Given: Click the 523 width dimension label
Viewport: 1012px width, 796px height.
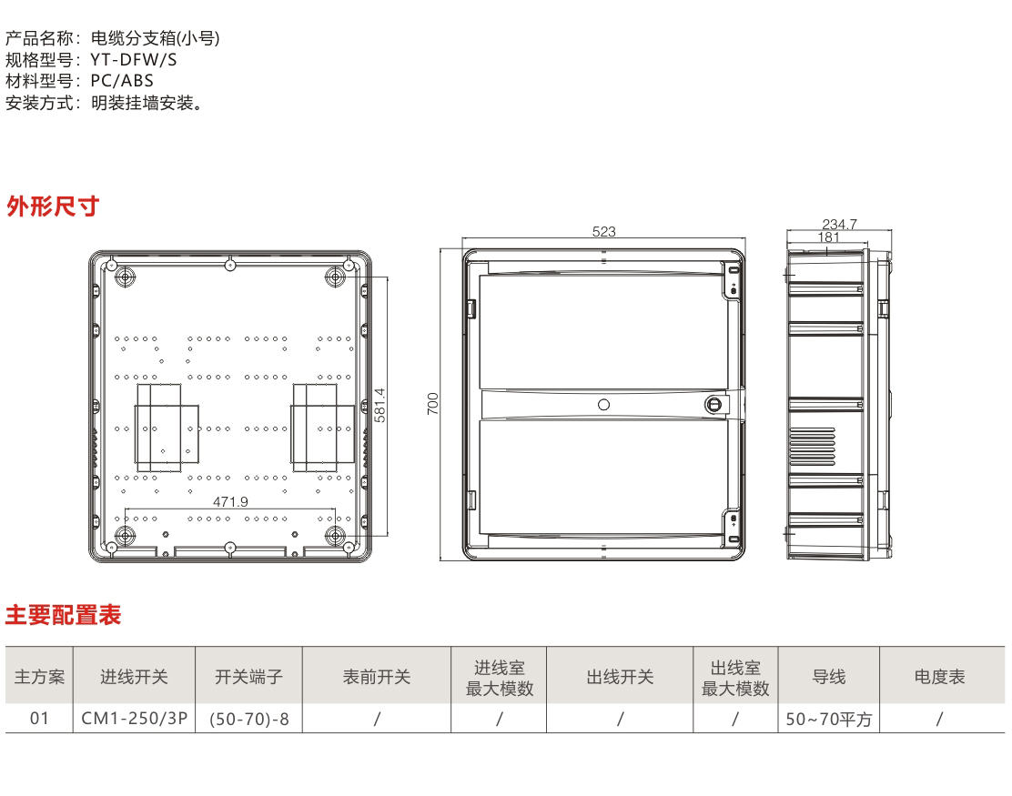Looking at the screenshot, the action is [604, 232].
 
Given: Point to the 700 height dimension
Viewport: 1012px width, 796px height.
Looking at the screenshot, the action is [432, 403].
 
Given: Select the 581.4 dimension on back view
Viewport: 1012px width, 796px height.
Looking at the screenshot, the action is [380, 405].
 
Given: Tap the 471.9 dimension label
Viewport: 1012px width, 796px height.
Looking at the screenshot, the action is [230, 501].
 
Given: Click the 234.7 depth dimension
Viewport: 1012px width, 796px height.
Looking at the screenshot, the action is [839, 224].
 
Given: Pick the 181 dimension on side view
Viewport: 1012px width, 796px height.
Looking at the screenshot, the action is [829, 237].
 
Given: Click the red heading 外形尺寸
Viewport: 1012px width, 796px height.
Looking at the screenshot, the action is [53, 207].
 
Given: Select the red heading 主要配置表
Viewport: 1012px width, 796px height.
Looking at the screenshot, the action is [64, 615].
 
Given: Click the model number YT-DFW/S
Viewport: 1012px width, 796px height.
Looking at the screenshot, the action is [134, 59].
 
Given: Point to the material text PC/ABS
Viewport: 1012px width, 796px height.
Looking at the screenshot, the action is [122, 81].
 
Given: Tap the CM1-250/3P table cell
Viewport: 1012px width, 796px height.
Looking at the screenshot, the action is [135, 718].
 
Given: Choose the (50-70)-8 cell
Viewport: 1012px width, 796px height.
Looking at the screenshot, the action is [249, 719].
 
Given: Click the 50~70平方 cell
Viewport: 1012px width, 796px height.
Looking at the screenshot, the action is [829, 719].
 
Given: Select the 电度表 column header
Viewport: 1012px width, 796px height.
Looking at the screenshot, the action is [940, 677].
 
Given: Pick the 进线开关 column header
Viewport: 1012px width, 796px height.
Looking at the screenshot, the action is [135, 677].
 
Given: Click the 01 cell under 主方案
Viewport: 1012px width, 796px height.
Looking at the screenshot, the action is [39, 718].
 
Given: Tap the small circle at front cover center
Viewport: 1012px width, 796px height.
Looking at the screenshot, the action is [604, 405].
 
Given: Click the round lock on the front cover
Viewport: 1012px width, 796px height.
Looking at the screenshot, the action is [713, 405].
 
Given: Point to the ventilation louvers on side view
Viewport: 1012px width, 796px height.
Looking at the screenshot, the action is [812, 447].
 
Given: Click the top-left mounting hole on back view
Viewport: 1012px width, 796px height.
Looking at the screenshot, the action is [125, 277].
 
